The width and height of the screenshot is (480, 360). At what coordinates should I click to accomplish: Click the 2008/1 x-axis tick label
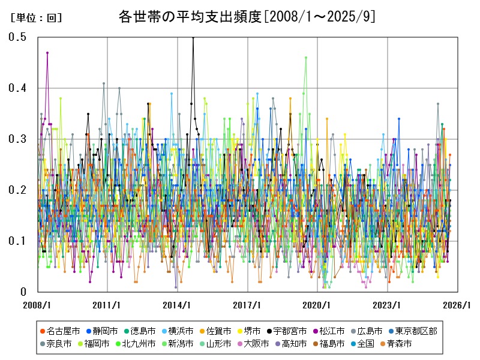38,305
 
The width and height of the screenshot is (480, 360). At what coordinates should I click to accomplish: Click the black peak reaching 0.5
193,38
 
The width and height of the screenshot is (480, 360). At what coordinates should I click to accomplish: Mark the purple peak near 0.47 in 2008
47,53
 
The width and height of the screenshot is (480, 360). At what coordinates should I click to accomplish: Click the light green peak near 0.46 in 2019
306,58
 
